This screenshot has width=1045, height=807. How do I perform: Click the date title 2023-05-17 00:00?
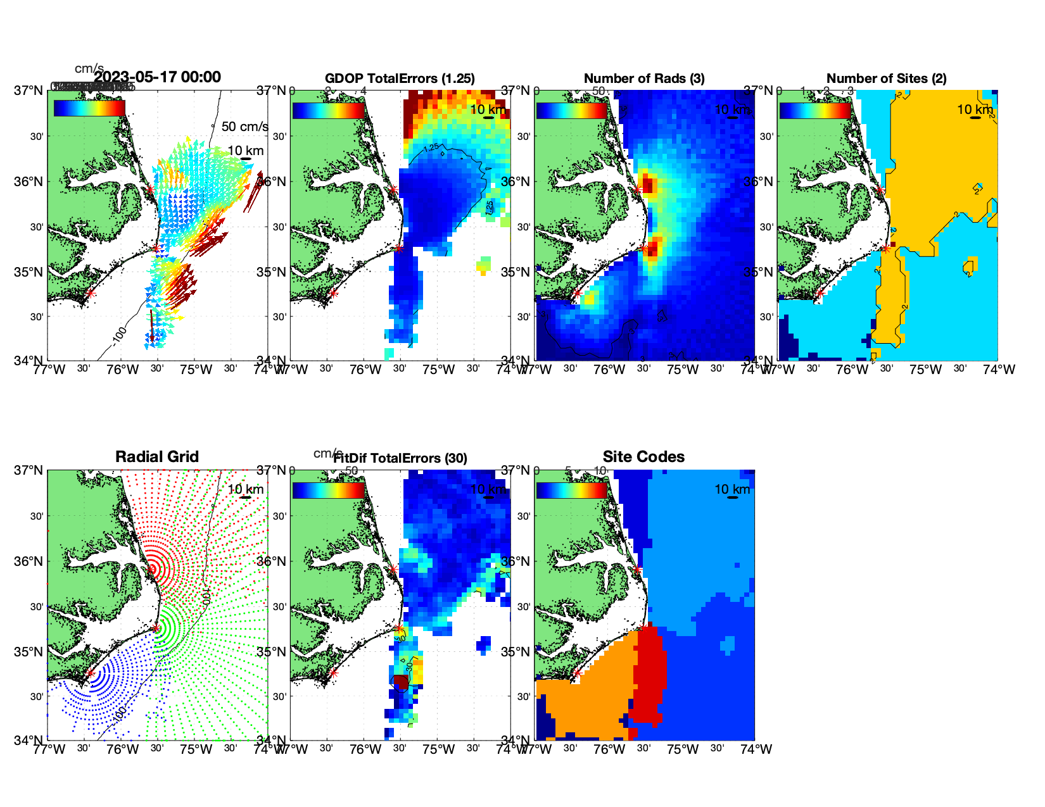[x=157, y=77]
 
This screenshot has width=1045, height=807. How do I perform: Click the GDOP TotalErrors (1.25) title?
[x=400, y=78]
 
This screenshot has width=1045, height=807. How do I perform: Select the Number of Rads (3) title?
[x=644, y=78]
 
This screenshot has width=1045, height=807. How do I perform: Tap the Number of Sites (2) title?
[x=886, y=78]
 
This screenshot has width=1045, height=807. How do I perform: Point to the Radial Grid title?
[x=157, y=457]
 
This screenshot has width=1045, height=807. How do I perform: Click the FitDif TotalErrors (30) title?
[x=400, y=458]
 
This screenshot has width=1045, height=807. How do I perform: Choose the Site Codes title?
[x=643, y=457]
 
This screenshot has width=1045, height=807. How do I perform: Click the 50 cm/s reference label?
[x=244, y=127]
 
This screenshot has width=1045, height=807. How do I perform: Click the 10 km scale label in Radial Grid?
[x=246, y=489]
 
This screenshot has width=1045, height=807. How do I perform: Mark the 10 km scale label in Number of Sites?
[x=975, y=109]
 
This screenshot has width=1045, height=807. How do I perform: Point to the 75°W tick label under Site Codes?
[x=683, y=749]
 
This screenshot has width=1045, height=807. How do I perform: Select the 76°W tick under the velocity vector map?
[x=122, y=370]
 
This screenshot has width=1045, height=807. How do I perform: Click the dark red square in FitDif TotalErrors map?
[x=401, y=682]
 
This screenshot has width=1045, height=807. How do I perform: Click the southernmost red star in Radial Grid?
[x=90, y=673]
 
